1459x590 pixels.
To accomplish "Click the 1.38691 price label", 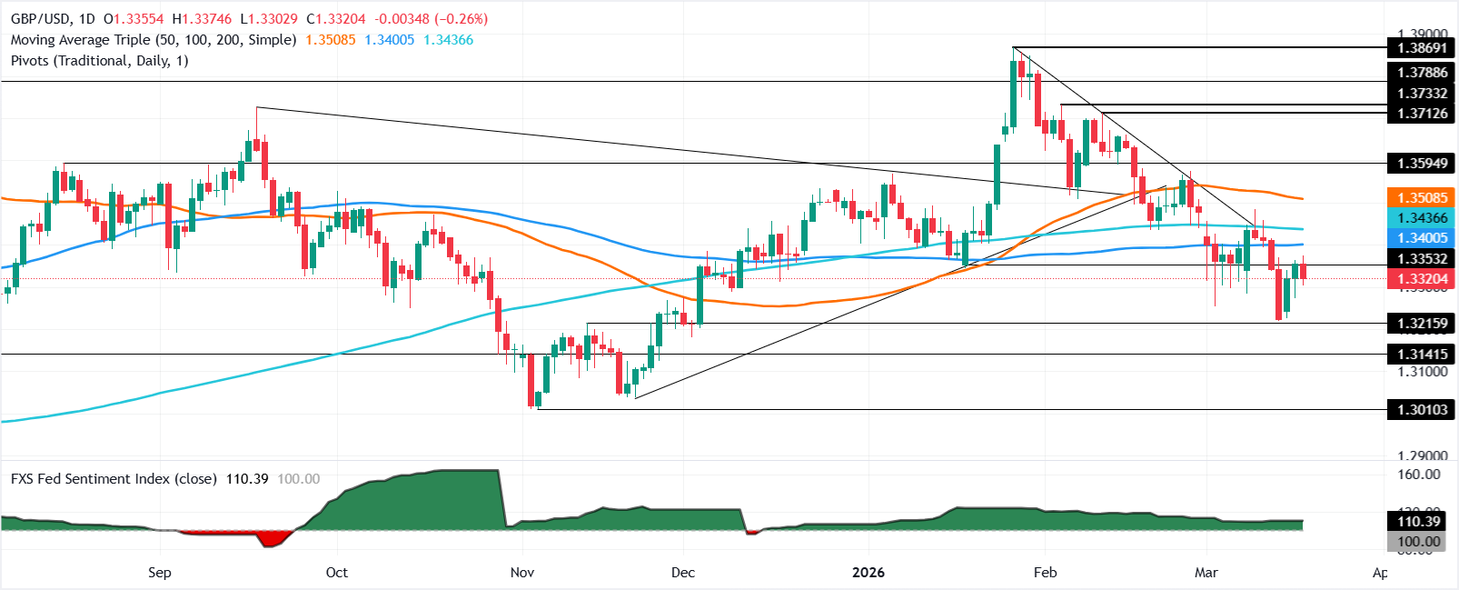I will click(x=1422, y=48).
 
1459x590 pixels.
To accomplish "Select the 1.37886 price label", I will click(x=1422, y=73).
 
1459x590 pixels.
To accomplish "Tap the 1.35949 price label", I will click(x=1422, y=164).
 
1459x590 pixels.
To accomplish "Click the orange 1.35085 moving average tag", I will click(x=1422, y=197).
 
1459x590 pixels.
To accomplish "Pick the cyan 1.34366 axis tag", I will click(x=1422, y=217).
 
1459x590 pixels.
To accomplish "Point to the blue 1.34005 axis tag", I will click(x=1422, y=237).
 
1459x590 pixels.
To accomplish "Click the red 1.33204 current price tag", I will click(x=1422, y=280).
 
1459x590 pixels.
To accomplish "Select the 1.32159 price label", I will click(x=1422, y=323).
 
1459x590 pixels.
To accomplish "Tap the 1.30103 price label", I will click(x=1422, y=410).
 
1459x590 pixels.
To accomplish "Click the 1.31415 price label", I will click(x=1422, y=354).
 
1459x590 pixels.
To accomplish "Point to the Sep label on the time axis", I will click(x=160, y=572).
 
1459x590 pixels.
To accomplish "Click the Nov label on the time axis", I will click(x=522, y=572).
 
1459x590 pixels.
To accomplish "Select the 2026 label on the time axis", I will click(x=868, y=572).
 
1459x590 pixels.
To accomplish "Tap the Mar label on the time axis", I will click(x=1206, y=572).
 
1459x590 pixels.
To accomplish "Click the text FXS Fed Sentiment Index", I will click(x=114, y=478).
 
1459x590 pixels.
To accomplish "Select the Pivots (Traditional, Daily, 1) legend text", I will click(x=100, y=61).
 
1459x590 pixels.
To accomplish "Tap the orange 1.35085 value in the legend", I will click(x=331, y=40).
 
